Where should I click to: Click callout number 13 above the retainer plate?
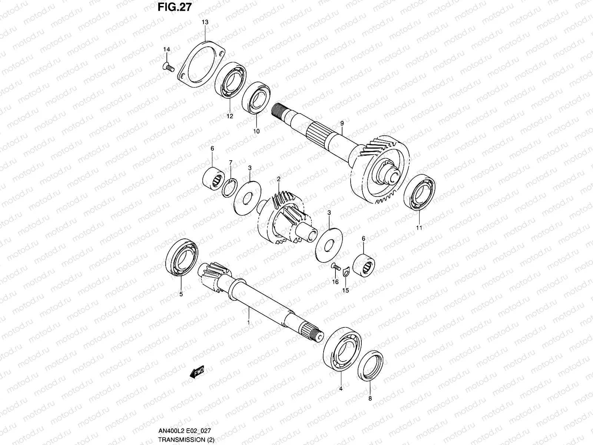[x=205, y=22]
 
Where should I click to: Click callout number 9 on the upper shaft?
[x=342, y=123]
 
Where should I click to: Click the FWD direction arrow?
[x=196, y=373]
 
